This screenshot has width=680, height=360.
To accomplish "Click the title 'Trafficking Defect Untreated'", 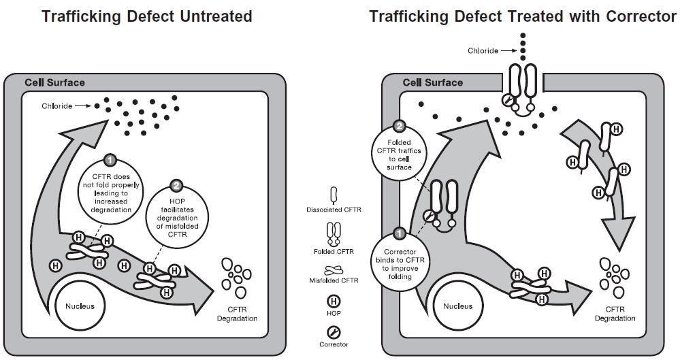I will tap(146, 16).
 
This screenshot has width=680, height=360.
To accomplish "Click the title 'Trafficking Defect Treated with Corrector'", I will tap(522, 16).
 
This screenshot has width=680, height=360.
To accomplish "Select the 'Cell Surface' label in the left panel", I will tap(54, 83).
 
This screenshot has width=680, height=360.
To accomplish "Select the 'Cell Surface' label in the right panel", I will tap(432, 83).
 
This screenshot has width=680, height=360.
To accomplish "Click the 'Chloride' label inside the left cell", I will tap(56, 106).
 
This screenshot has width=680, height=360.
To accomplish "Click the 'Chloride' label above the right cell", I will tap(483, 50).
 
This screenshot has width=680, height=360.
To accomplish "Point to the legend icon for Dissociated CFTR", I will tap(334, 196).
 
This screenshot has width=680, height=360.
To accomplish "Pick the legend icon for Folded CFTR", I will tap(334, 235).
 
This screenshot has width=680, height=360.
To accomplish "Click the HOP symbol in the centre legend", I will tap(334, 301).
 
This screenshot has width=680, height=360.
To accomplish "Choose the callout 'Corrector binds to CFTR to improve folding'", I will tap(400, 262).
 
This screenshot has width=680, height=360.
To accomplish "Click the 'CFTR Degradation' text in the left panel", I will tap(236, 314).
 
